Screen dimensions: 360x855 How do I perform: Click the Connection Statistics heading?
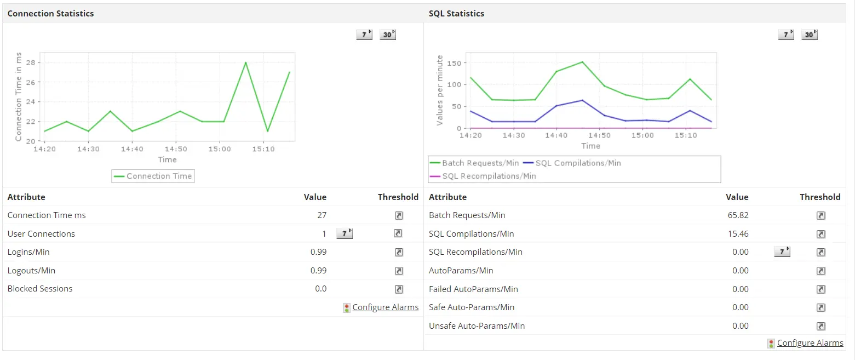[x=50, y=13]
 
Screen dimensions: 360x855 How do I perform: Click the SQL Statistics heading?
[x=456, y=13]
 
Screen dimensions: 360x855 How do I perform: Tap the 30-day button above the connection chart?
[x=387, y=35]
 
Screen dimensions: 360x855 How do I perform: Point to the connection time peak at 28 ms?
[x=245, y=62]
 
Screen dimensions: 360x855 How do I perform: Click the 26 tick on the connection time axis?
[x=31, y=82]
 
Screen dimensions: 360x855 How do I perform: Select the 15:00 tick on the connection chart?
[x=219, y=148]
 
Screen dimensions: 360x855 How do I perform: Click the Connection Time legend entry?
[x=153, y=176]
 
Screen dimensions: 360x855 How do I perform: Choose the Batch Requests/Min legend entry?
[x=474, y=163]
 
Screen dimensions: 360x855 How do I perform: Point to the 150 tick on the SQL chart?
[x=454, y=63]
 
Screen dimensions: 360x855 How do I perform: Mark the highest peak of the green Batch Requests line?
[x=582, y=62]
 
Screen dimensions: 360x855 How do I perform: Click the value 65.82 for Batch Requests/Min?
[x=737, y=215]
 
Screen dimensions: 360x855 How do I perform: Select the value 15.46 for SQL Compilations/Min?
[x=737, y=234]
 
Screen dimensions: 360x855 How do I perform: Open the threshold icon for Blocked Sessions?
[x=399, y=289]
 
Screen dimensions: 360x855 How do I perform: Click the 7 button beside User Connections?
[x=344, y=234]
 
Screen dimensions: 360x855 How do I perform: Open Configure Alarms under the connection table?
[x=385, y=307]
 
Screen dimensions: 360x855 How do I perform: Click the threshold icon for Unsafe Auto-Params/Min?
[x=820, y=326]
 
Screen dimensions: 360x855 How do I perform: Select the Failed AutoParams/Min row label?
[x=473, y=289]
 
